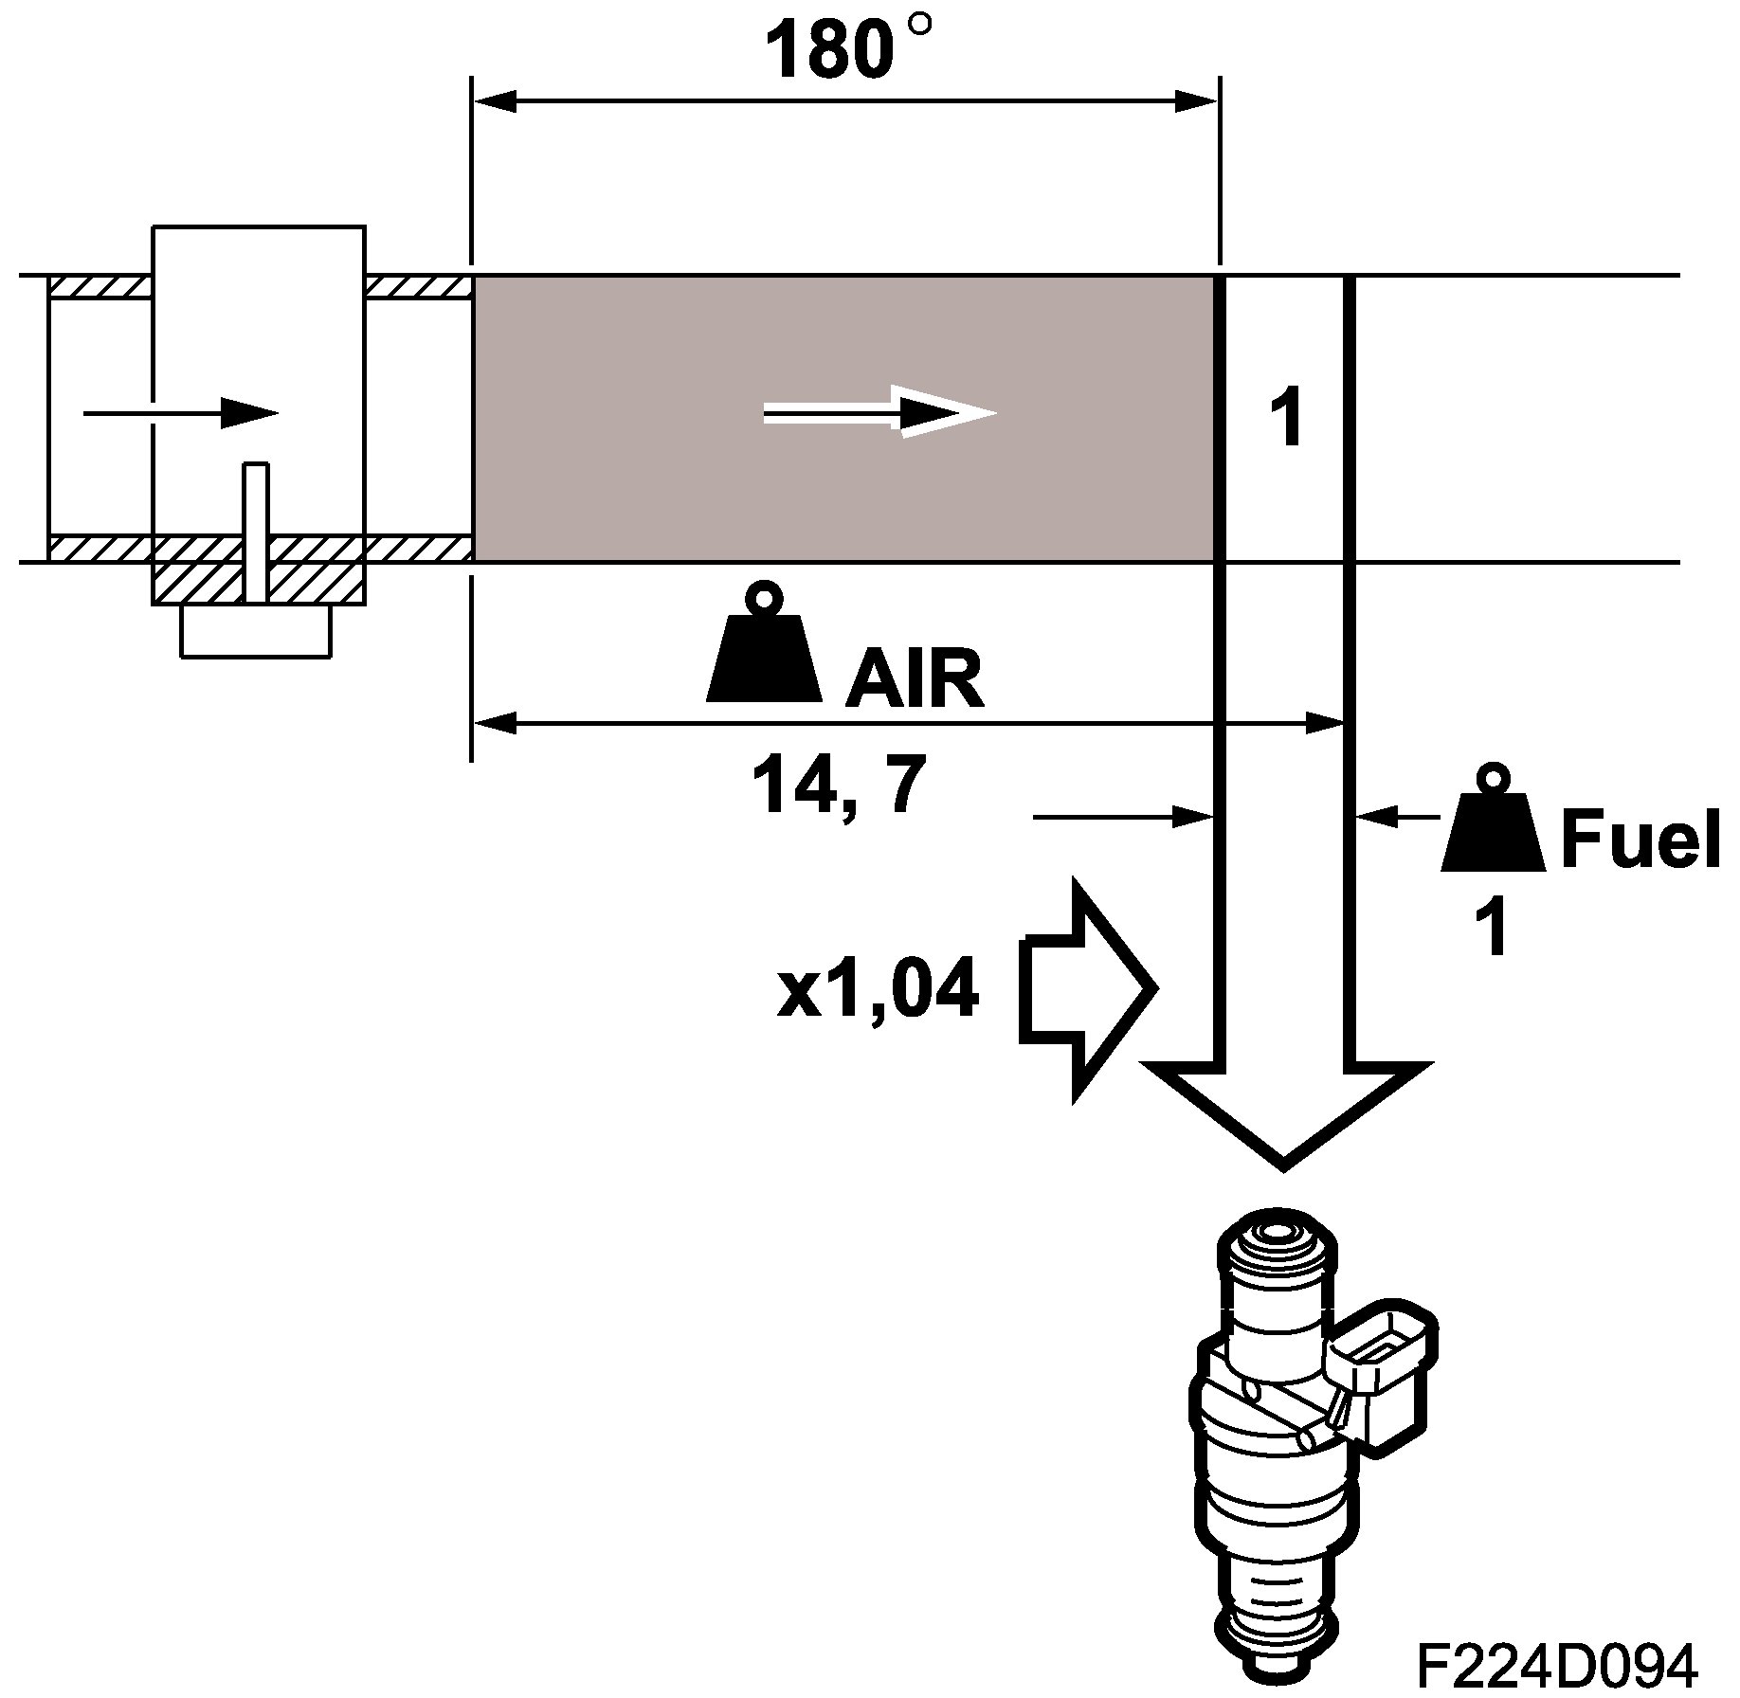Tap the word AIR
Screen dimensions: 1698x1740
pyautogui.click(x=915, y=680)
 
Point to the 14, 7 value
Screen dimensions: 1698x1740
pyautogui.click(x=837, y=786)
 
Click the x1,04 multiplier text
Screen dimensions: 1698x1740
pyautogui.click(x=878, y=991)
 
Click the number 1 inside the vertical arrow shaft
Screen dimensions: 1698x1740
pyautogui.click(x=1287, y=419)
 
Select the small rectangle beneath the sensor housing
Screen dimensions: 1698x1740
pyautogui.click(x=256, y=630)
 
